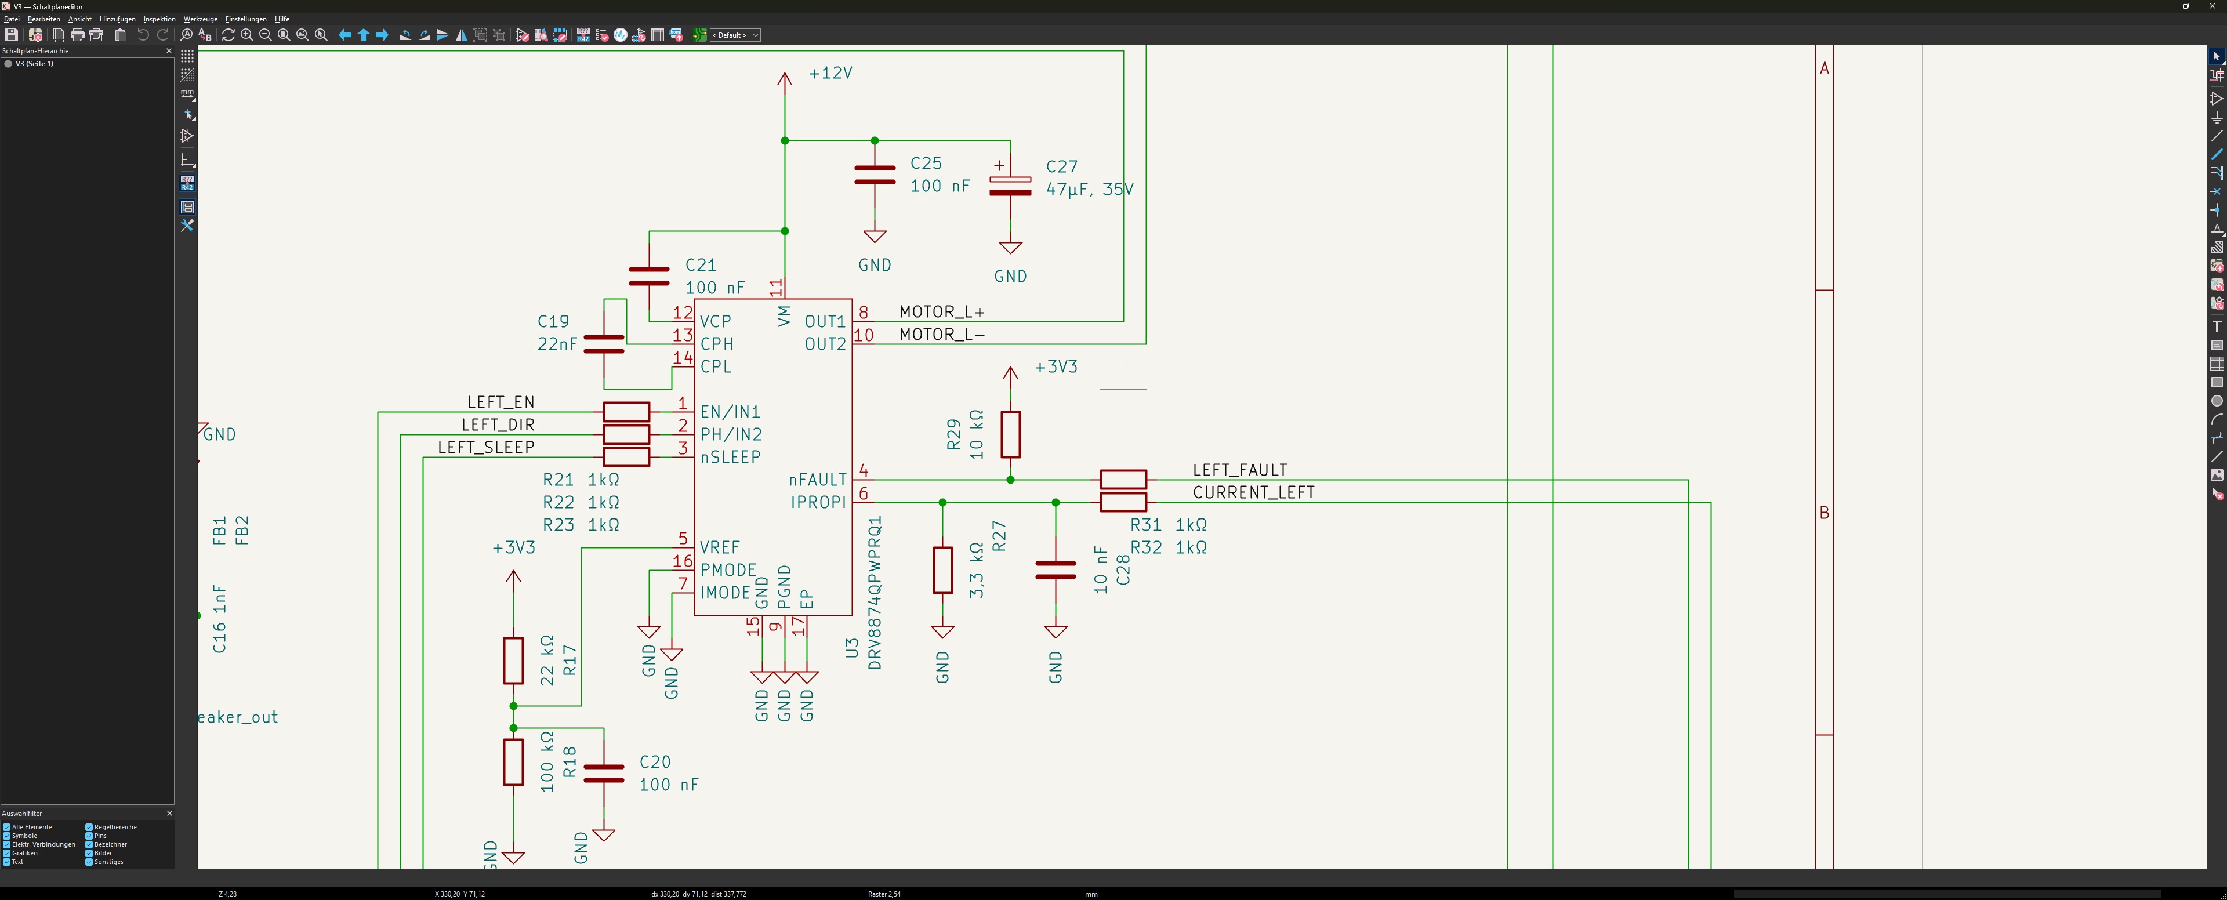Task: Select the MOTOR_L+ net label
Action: click(x=941, y=311)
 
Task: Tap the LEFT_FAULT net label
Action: click(x=1240, y=470)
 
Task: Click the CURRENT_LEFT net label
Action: click(x=1253, y=492)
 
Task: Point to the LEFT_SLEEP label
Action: click(x=486, y=447)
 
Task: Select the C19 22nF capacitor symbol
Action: click(x=603, y=344)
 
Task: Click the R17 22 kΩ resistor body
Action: click(x=513, y=661)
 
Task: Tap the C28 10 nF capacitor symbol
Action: click(x=1056, y=569)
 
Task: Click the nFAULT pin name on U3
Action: click(x=817, y=480)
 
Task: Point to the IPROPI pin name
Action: click(x=818, y=502)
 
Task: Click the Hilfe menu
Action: click(x=282, y=19)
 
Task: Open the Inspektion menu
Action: click(x=159, y=19)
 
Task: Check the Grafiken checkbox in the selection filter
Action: click(x=7, y=853)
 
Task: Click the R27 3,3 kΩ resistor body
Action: click(x=942, y=569)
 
